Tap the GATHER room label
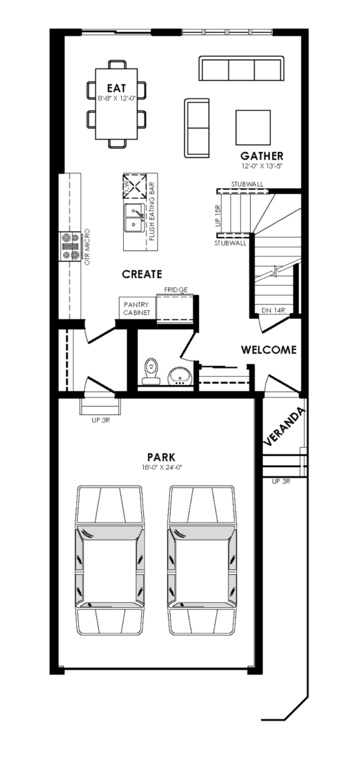pos(262,156)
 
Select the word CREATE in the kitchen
pos(142,275)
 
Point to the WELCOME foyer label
pos(269,349)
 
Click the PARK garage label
pos(161,457)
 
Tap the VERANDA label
pos(284,427)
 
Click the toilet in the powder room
pos(151,371)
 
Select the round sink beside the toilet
pos(180,376)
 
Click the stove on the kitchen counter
pos(70,247)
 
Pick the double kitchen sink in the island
pos(134,218)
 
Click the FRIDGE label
pos(176,290)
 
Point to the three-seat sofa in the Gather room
pos(242,68)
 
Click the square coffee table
pos(253,128)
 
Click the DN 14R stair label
pos(273,310)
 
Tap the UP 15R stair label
pos(219,216)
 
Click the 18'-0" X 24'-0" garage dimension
pos(162,467)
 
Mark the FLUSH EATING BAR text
pos(152,212)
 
